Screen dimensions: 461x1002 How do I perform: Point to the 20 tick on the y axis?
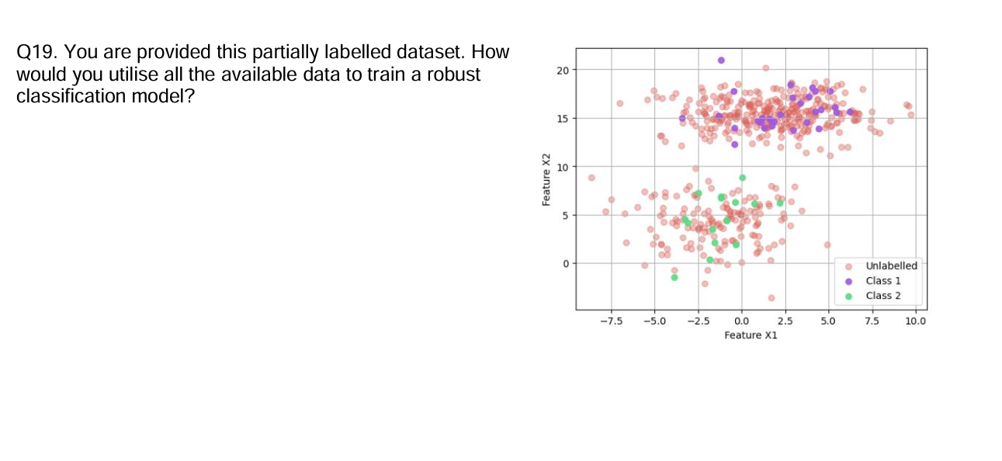click(563, 71)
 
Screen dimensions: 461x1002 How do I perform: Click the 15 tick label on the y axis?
click(563, 119)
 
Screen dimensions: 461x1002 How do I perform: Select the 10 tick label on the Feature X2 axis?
click(563, 167)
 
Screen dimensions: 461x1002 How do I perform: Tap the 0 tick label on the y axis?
click(567, 264)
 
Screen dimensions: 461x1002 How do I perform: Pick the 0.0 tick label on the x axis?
click(741, 321)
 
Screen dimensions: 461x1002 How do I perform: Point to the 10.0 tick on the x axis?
click(915, 321)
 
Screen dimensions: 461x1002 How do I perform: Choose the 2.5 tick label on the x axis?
click(785, 321)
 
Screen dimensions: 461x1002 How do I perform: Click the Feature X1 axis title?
click(750, 334)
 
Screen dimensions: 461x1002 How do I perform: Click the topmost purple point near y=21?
click(721, 60)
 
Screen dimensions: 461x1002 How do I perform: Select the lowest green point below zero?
click(674, 277)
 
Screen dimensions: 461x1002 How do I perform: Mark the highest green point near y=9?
click(742, 178)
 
